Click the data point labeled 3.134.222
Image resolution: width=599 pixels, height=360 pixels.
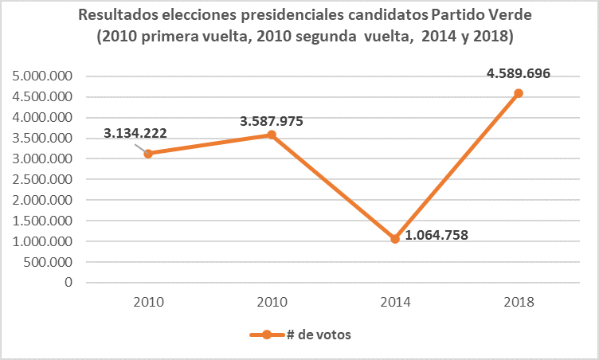click(148, 153)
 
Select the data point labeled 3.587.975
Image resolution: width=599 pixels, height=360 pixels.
click(272, 135)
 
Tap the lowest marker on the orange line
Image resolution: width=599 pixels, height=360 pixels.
click(395, 238)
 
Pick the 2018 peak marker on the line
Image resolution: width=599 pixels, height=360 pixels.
click(519, 93)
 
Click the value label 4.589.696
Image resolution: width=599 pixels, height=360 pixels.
click(518, 73)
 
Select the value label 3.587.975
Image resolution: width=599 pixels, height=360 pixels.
click(272, 122)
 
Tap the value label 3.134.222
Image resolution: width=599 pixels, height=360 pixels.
click(135, 133)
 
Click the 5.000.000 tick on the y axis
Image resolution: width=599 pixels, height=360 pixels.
click(42, 76)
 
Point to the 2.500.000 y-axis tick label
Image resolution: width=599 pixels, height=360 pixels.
click(42, 179)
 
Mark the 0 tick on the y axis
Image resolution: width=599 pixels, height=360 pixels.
click(69, 283)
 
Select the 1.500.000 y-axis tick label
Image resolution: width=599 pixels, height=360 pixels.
click(42, 221)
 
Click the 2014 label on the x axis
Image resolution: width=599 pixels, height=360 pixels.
click(395, 302)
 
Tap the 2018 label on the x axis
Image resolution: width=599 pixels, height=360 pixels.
click(519, 302)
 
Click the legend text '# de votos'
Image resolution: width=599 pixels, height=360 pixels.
click(319, 335)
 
